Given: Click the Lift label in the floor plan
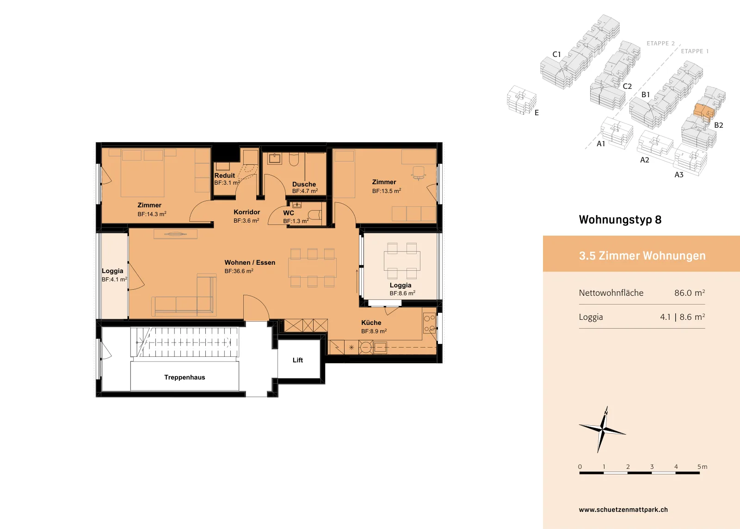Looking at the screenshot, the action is (298, 360).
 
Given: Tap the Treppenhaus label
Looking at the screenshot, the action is (185, 377).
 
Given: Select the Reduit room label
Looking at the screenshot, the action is (225, 175).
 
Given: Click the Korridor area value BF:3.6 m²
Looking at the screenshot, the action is (246, 220).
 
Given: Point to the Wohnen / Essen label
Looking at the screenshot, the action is (250, 262).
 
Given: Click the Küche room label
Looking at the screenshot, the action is (371, 323).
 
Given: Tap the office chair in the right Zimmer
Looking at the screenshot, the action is (419, 173).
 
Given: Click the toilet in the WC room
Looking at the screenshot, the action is (315, 215).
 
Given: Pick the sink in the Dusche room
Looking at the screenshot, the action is (274, 158).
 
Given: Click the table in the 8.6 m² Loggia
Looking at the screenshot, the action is (402, 261).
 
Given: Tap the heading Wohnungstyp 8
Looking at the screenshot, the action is (620, 220).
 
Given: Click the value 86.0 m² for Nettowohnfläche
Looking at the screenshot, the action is (690, 293).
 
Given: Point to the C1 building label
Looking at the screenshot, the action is (557, 54).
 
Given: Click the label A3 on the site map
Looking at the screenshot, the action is (679, 174).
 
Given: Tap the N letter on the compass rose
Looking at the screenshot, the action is (606, 413).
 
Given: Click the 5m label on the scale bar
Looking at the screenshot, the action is (703, 467).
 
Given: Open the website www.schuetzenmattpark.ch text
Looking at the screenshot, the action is (623, 510).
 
